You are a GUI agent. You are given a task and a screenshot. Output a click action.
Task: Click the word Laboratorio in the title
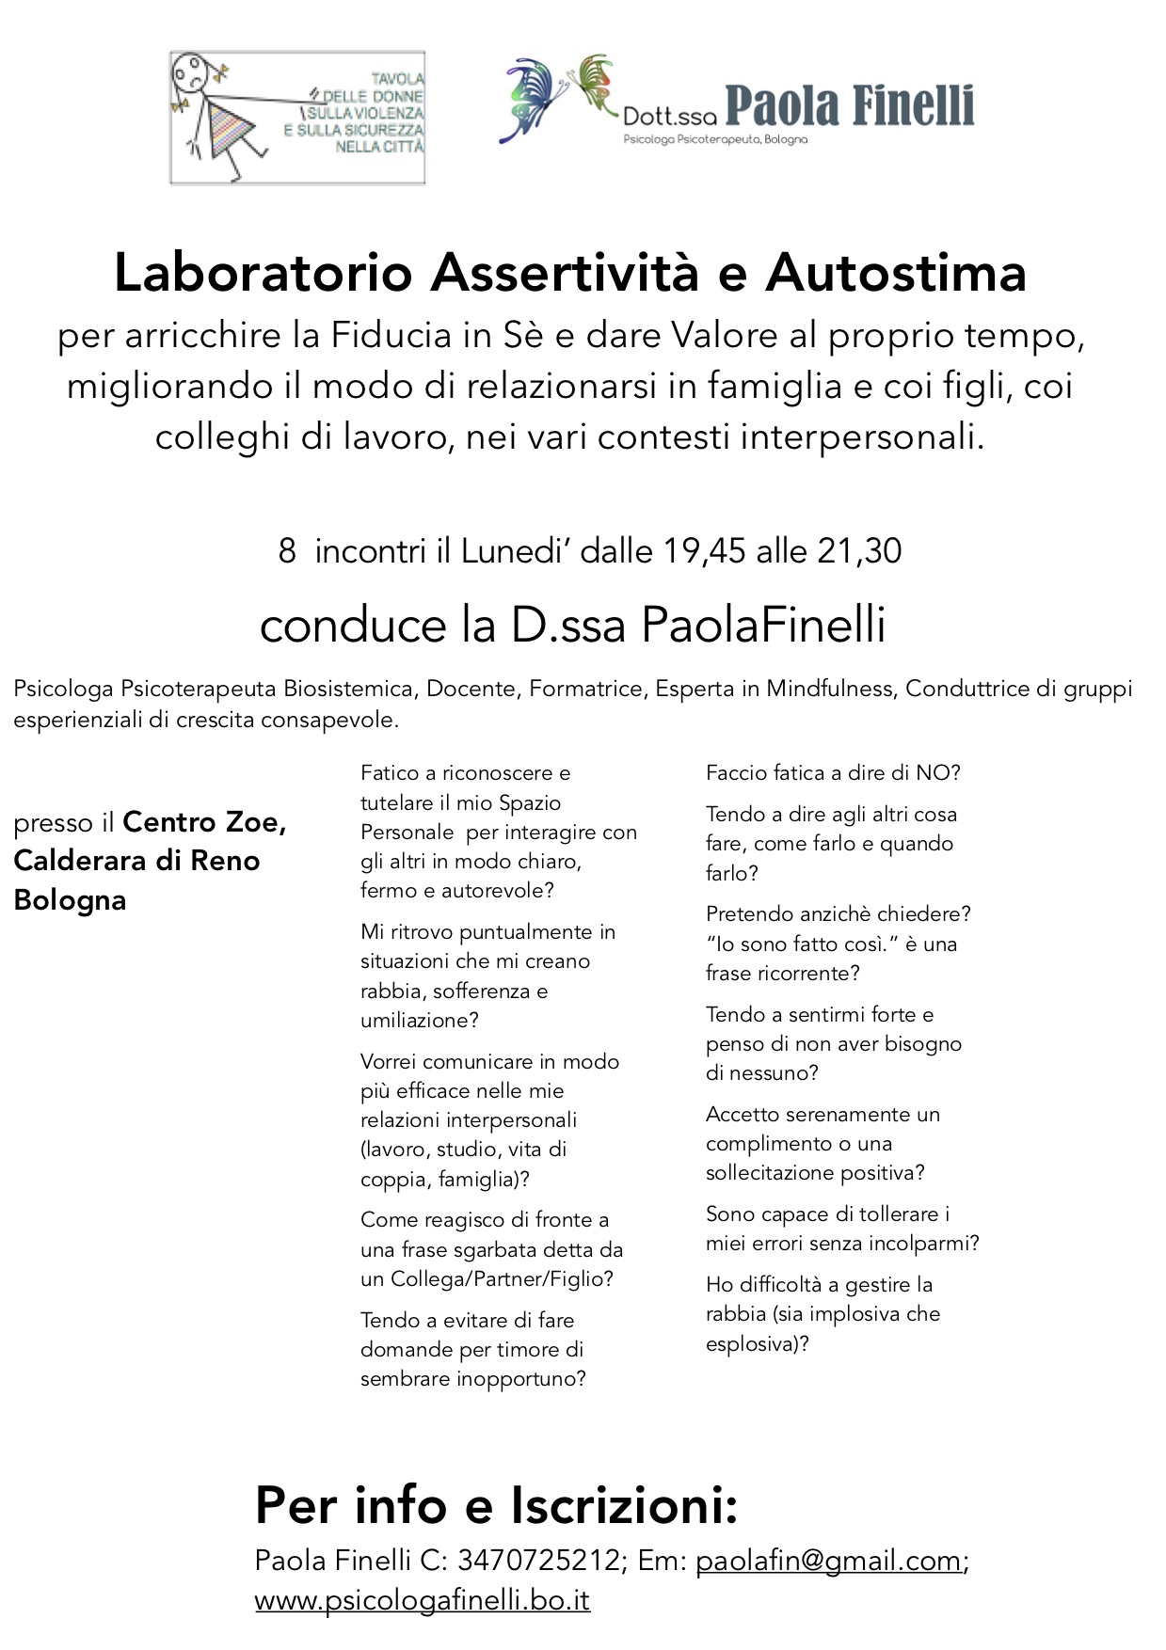tap(264, 274)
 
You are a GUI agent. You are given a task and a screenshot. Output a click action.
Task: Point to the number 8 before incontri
tap(287, 551)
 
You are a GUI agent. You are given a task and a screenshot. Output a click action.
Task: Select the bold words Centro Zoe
tap(204, 822)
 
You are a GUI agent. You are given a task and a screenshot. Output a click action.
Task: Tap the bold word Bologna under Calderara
tap(70, 900)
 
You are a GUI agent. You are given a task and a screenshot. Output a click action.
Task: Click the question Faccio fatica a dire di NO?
tap(833, 773)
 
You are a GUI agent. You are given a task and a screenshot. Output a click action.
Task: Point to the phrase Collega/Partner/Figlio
tap(502, 1279)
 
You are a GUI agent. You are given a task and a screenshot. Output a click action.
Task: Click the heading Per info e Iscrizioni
tap(496, 1505)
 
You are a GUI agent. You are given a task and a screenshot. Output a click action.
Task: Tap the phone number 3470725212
tap(538, 1561)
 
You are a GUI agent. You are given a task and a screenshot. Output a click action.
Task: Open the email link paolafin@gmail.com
tap(828, 1561)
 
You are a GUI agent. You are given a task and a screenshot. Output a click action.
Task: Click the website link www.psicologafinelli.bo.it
tap(422, 1600)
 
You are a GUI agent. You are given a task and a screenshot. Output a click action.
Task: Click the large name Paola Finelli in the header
tap(849, 106)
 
